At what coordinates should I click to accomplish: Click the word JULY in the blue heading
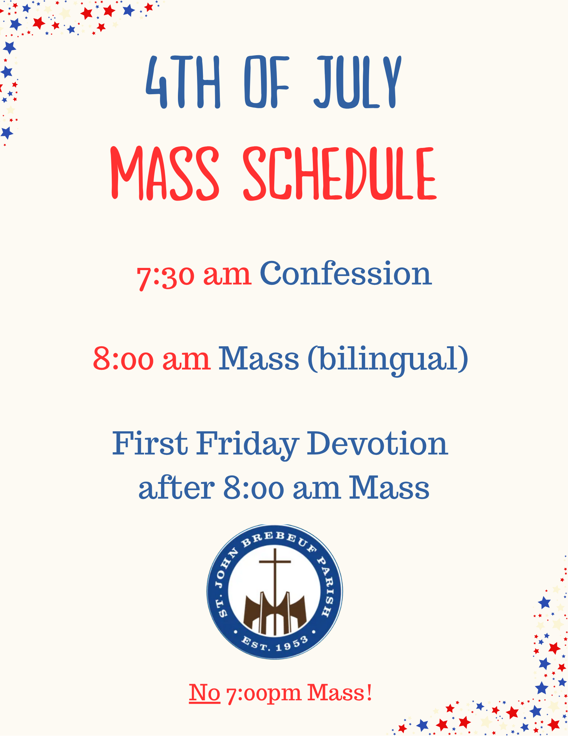(357, 82)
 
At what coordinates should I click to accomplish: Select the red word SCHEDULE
(340, 174)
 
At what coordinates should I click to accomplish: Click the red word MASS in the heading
(165, 174)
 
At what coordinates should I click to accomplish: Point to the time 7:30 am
(194, 275)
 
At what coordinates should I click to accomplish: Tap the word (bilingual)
(388, 359)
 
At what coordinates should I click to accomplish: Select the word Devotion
(377, 443)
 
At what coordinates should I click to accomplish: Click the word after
(176, 487)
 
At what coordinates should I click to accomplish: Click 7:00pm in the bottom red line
(264, 694)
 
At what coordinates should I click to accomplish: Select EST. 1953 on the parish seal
(275, 644)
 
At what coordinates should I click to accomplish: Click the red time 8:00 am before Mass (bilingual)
(152, 358)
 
